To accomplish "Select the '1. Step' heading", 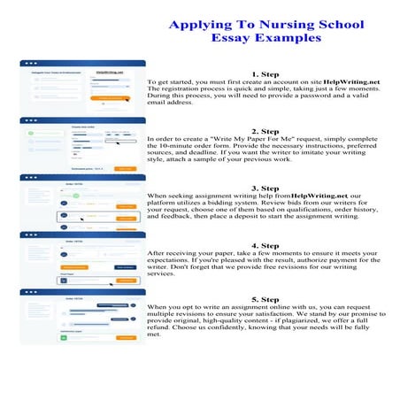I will tap(265, 74).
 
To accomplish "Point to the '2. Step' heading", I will tap(265, 131).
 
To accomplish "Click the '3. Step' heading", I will tap(265, 188).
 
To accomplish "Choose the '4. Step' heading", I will tap(265, 244).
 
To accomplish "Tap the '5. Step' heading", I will tap(265, 300).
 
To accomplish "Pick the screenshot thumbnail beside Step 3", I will tap(77, 201).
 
